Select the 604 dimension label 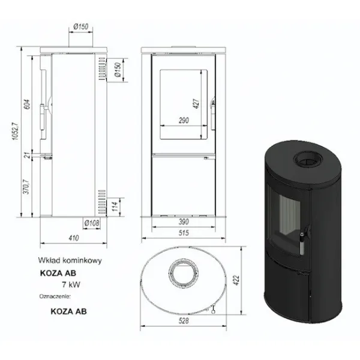coord(27,104)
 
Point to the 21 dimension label coord(28,155)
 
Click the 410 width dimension coord(74,238)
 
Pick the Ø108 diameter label coord(92,223)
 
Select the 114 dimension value coord(115,206)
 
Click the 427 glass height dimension coord(197,104)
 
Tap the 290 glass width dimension coord(184,121)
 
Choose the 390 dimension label coord(184,222)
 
